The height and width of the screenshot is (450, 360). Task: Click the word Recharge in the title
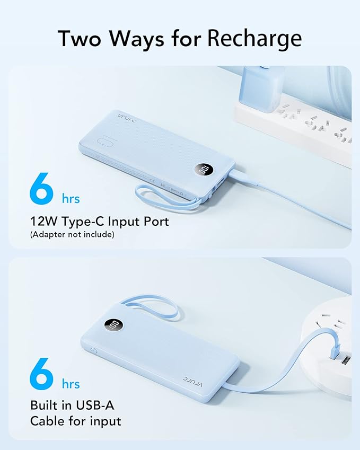click(254, 39)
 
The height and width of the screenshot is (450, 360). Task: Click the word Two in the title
click(80, 38)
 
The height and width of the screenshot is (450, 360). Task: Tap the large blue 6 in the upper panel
click(42, 187)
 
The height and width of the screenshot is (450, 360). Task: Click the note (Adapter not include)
click(72, 234)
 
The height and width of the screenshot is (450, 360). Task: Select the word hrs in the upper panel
click(70, 199)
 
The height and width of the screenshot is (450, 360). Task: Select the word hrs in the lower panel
click(70, 384)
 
